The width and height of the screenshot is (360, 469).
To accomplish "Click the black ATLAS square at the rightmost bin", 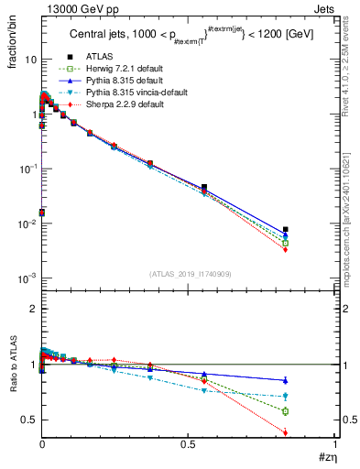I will [286, 230].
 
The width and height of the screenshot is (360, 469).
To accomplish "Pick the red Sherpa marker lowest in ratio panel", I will [286, 433].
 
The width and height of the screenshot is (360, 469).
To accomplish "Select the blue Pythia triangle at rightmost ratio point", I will [286, 380].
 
